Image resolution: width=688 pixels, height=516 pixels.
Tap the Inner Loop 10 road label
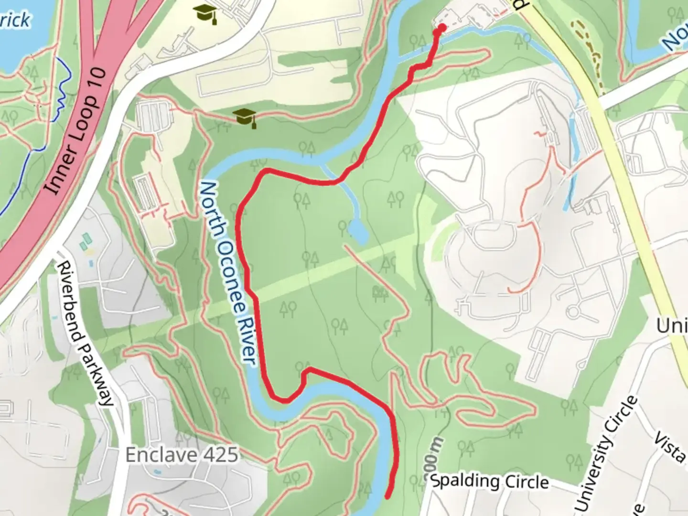(76, 131)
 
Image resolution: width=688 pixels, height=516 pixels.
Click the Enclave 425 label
(182, 455)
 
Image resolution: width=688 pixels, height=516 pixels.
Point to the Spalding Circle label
(490, 481)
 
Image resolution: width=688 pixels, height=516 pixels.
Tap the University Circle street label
(606, 454)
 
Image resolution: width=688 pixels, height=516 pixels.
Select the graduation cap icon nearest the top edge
(205, 15)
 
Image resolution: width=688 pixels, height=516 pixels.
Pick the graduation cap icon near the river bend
(245, 117)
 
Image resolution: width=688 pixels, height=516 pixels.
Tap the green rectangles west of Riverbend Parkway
(86, 241)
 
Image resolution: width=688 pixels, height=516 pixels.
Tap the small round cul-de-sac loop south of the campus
(573, 312)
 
